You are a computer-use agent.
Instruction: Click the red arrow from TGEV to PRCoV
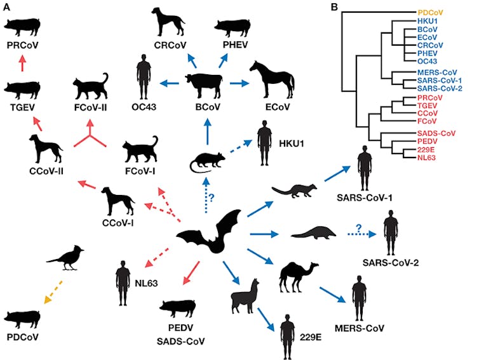coord(23,64)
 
